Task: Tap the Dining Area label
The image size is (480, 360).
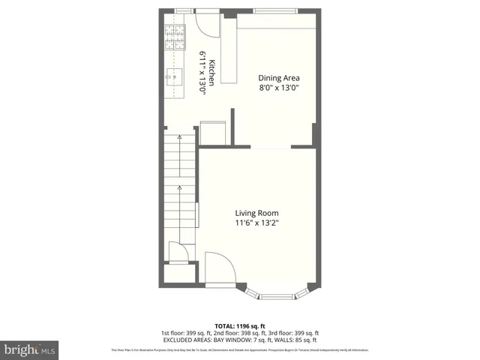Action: [x=278, y=77]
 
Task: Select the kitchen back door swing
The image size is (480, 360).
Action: [x=202, y=22]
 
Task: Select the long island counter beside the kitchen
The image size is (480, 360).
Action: [x=228, y=48]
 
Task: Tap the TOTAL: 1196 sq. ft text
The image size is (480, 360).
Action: [x=240, y=325]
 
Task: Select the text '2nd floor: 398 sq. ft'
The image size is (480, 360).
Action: [x=227, y=333]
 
